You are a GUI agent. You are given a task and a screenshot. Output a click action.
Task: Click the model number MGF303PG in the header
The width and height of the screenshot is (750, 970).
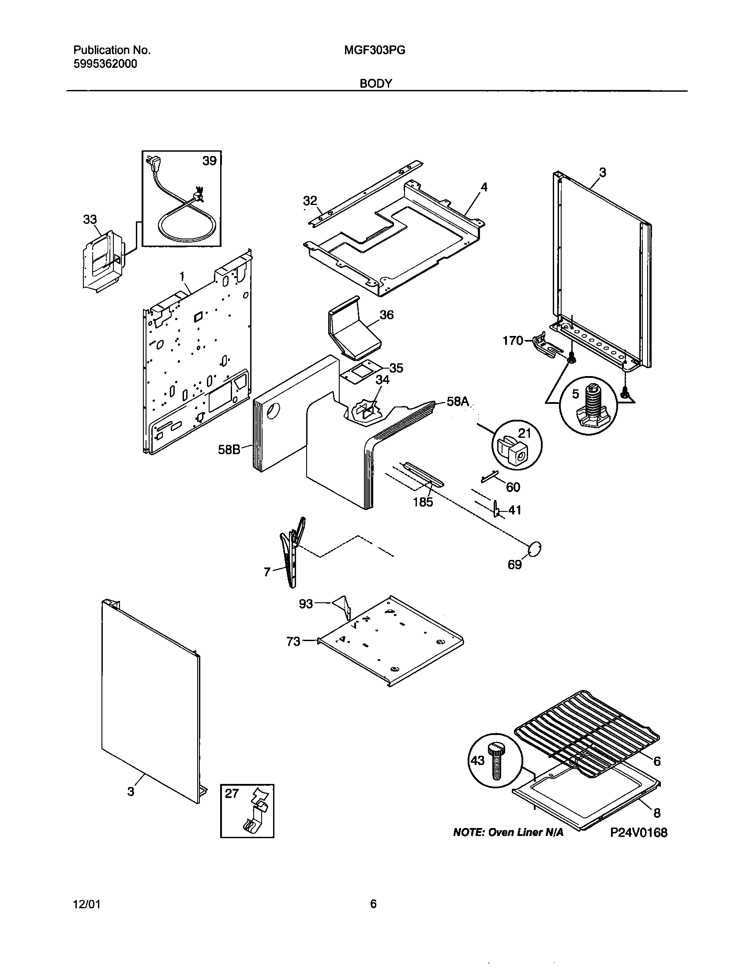[x=374, y=50]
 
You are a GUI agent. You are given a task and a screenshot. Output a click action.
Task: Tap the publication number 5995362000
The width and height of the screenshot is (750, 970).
[x=105, y=64]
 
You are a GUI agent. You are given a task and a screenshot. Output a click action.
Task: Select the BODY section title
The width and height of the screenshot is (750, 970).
[x=375, y=83]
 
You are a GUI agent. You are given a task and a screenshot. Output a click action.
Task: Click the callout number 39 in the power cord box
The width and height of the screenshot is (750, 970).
[x=209, y=161]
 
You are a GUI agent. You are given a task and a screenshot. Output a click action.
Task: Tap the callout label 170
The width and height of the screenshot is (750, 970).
[x=513, y=341]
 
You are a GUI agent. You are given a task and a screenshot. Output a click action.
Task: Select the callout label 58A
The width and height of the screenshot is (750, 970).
[x=457, y=402]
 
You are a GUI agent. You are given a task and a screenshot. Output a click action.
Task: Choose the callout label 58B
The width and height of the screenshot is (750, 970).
[x=229, y=450]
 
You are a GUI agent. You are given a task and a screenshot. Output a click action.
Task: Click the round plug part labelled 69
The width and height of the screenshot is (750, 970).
[x=535, y=549]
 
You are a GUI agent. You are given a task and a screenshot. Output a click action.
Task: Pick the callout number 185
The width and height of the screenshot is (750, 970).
[x=423, y=502]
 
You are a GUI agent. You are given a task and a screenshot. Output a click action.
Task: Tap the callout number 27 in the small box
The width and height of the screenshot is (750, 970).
[x=232, y=793]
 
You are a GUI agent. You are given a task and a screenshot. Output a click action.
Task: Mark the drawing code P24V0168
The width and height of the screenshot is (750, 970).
[x=638, y=832]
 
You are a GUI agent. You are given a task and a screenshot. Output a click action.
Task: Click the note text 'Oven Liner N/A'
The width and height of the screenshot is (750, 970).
[x=525, y=833]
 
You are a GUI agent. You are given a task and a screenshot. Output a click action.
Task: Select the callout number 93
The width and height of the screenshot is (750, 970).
[x=306, y=604]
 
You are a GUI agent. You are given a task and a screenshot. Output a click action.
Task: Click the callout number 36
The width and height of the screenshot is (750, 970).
[x=386, y=315]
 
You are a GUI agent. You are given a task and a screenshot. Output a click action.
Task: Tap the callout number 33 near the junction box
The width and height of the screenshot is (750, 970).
[x=90, y=220]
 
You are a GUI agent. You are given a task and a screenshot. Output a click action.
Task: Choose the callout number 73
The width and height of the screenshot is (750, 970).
[x=293, y=642]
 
